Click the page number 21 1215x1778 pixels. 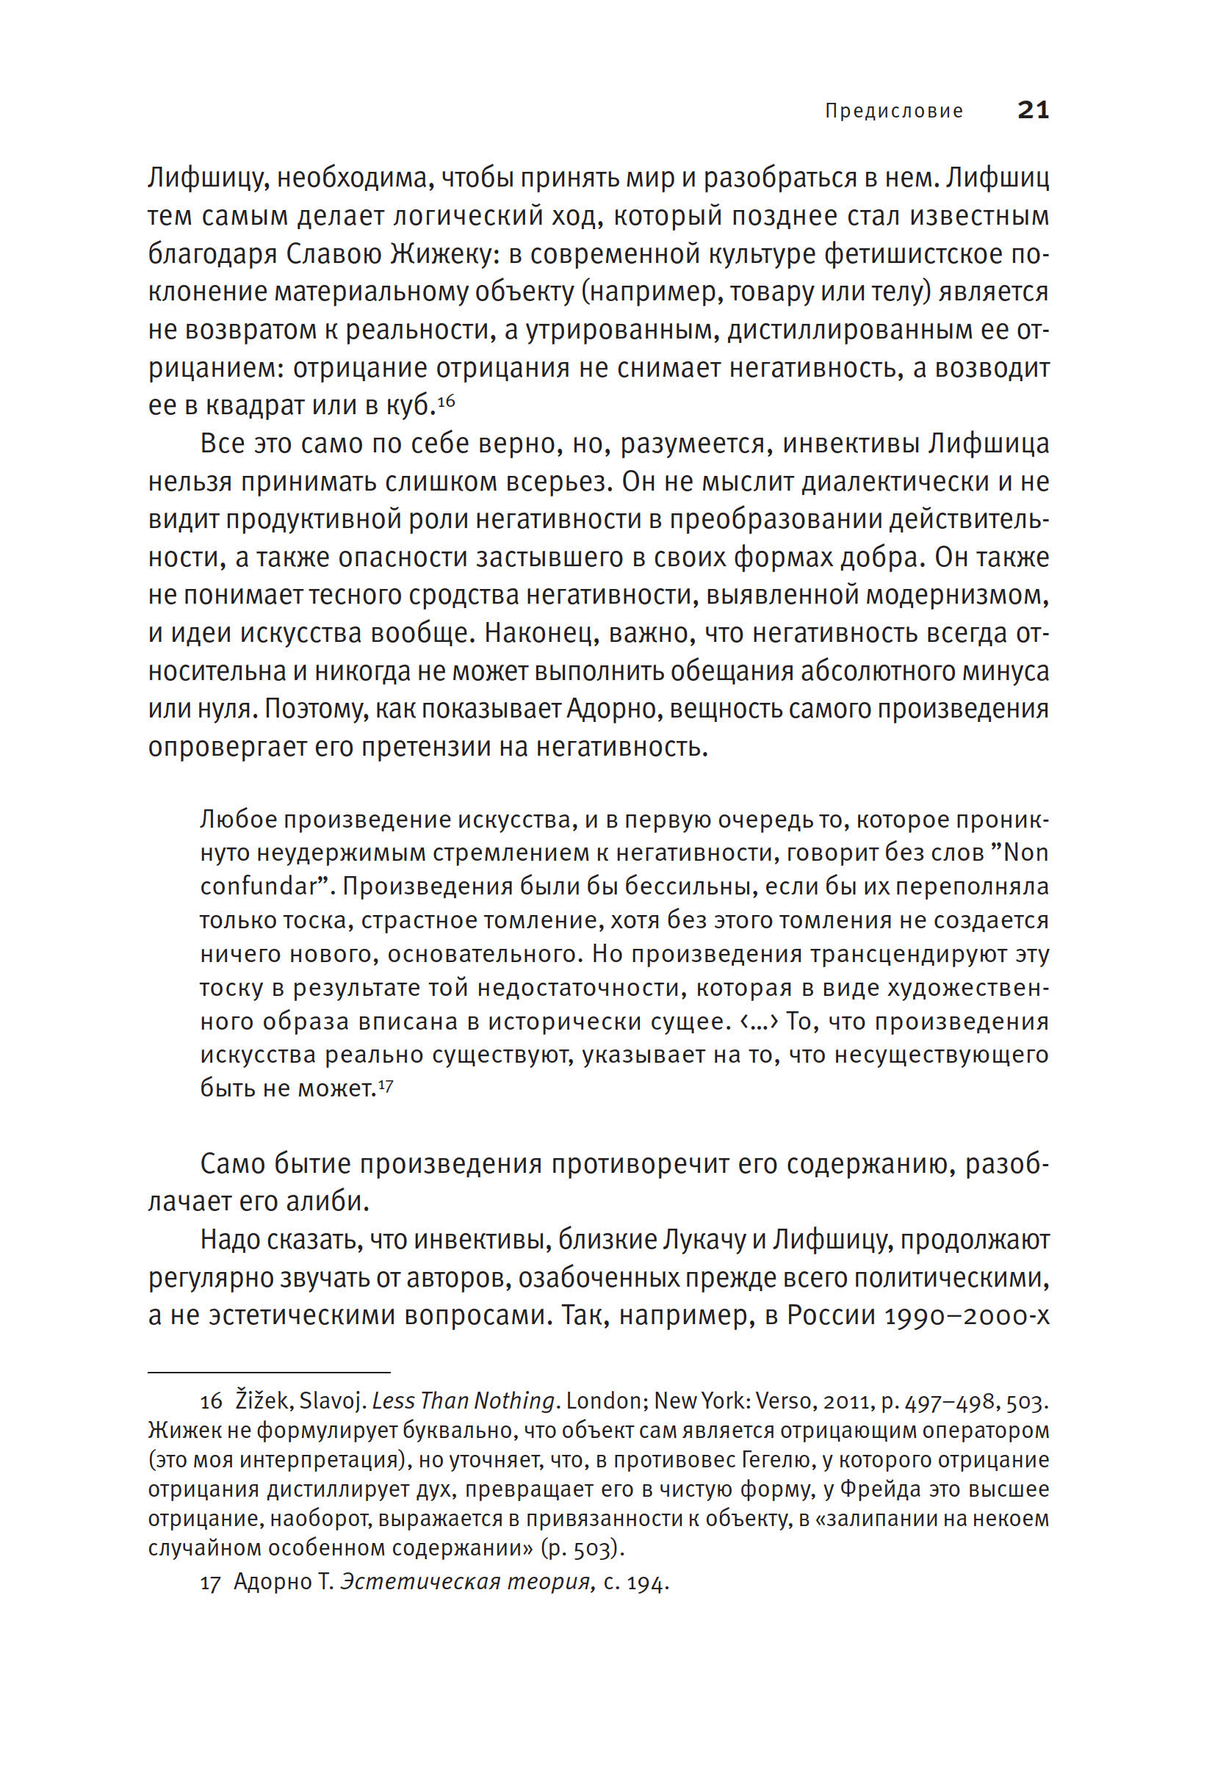(x=1032, y=110)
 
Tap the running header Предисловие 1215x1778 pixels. (x=893, y=112)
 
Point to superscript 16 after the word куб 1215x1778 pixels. (x=446, y=400)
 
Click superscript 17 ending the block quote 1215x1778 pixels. (x=386, y=1085)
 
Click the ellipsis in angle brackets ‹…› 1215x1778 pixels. (x=759, y=1022)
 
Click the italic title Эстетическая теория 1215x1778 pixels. (x=465, y=1583)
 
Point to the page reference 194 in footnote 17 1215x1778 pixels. (x=646, y=1583)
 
